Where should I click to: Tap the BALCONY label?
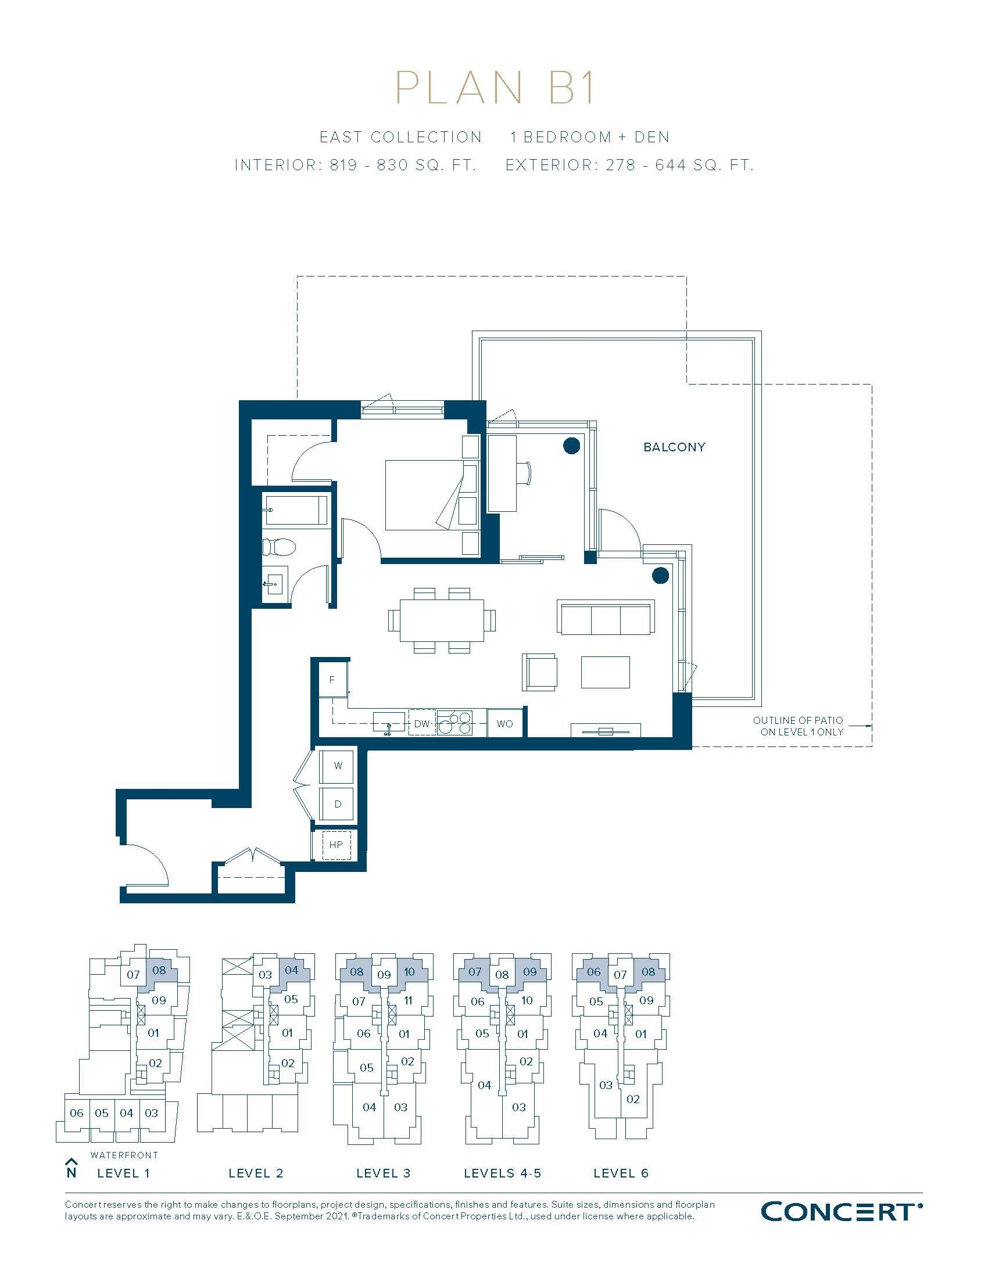[674, 447]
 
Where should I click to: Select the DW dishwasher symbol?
[422, 724]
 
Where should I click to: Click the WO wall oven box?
[504, 724]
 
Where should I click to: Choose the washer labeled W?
[338, 766]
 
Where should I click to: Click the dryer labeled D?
[338, 804]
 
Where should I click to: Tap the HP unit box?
[336, 845]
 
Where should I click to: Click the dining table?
[442, 620]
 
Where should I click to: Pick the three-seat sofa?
[605, 618]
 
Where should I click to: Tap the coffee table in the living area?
[605, 672]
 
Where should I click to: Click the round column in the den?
[571, 447]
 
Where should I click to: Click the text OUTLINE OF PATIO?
[798, 720]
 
